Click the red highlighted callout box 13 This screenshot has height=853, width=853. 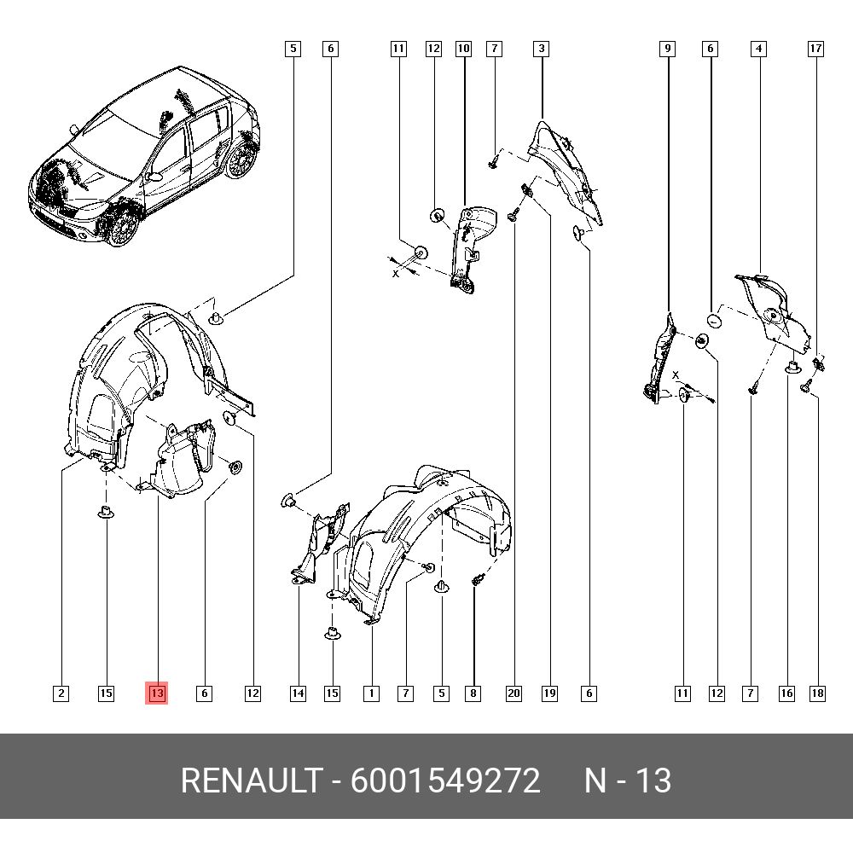(157, 693)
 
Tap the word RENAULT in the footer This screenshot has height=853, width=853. (252, 780)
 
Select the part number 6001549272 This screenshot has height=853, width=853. (445, 780)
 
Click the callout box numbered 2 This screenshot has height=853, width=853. (61, 693)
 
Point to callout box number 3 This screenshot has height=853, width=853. (542, 49)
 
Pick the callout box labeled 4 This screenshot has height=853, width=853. (759, 49)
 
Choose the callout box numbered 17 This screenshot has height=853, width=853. (815, 49)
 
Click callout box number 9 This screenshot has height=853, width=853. (668, 49)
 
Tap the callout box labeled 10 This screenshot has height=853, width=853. (463, 49)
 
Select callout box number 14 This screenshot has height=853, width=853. (298, 693)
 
